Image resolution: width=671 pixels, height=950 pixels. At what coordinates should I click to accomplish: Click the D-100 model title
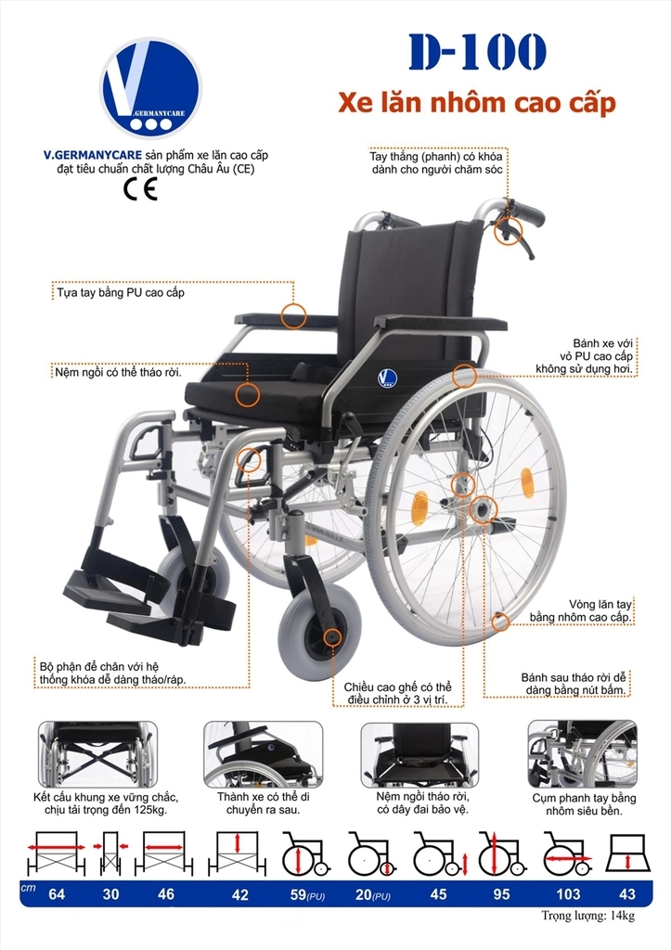click(476, 54)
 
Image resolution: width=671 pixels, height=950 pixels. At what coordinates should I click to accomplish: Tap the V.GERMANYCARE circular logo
click(150, 88)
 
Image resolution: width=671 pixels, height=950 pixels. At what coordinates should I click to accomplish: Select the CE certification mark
click(140, 189)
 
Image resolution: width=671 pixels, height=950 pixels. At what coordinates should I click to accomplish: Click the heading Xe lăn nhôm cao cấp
click(476, 104)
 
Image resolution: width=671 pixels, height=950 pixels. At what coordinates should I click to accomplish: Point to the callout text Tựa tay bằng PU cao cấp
click(121, 293)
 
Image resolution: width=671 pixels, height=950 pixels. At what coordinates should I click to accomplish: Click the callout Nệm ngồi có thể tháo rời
click(117, 373)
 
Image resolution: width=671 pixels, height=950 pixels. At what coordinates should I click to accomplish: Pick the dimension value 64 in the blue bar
click(57, 894)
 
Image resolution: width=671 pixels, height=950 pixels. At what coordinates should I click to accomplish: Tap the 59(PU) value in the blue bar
click(304, 894)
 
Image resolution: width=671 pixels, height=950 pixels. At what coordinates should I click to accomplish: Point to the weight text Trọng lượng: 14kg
click(587, 917)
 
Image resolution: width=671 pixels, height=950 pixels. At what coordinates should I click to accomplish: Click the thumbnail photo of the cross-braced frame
click(98, 754)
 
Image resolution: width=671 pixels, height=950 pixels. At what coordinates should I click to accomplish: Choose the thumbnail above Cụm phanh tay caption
click(583, 753)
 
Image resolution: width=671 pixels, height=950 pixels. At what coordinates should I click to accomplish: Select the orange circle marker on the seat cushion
click(247, 394)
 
